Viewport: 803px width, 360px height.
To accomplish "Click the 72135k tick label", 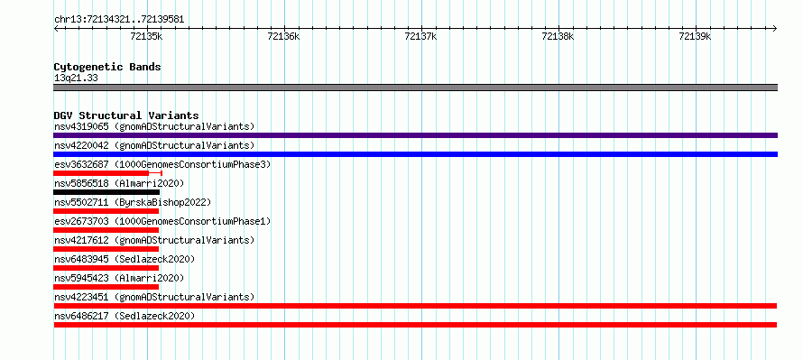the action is [146, 36].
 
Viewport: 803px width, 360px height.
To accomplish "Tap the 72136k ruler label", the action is [283, 36].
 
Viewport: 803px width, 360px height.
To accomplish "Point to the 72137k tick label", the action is [420, 36].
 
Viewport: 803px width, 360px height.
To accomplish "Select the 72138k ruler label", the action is [558, 36].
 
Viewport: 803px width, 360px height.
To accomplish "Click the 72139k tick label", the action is [695, 36].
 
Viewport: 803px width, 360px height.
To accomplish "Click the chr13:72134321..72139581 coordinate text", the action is [119, 20].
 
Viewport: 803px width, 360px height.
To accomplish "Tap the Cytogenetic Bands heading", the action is [107, 67].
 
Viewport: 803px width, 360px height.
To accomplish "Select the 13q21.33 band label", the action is [76, 78].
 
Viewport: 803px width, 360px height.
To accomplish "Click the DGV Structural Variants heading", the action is [126, 115].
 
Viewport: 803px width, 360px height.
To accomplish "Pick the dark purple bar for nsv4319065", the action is [415, 135].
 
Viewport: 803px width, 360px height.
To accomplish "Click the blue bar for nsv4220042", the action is [415, 154].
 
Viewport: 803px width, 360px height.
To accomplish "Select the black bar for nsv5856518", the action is [106, 192].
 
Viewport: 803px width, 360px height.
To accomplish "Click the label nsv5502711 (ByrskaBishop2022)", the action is [132, 202].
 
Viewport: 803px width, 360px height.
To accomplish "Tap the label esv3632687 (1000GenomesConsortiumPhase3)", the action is [162, 164].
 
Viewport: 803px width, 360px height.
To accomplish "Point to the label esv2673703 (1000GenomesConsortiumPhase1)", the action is [162, 221].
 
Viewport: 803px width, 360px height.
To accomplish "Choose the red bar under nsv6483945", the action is [106, 268].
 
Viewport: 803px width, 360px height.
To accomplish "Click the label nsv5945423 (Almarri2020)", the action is [119, 278].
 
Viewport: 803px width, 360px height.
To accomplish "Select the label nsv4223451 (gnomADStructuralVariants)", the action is [154, 297].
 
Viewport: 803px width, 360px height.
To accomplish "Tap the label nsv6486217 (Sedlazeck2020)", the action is [125, 316].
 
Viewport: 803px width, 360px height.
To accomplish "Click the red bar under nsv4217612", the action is [106, 249].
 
